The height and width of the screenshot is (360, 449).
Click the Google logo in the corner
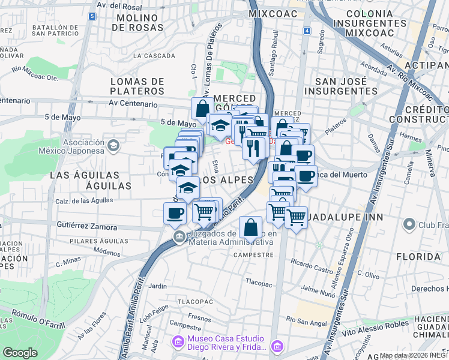[x=20, y=353]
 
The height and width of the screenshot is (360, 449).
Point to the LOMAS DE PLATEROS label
[x=137, y=86]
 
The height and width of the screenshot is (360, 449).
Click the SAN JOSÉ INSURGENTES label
[x=341, y=86]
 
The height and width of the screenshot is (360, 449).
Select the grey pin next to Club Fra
[x=409, y=226]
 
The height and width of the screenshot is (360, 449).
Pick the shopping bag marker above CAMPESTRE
[x=250, y=229]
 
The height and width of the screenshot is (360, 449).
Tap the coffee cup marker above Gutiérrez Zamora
[x=175, y=214]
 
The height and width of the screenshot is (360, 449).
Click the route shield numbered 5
[x=91, y=16]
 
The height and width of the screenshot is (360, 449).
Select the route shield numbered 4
[x=307, y=31]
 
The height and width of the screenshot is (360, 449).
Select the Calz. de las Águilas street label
[x=82, y=201]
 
